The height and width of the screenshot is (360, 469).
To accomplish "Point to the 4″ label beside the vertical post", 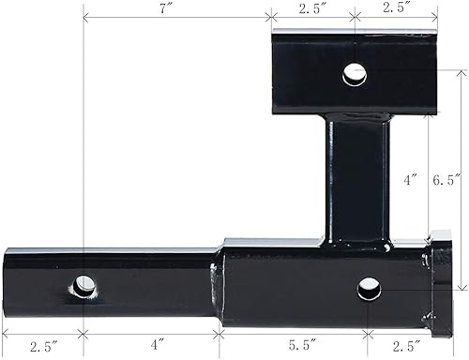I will click(401, 176).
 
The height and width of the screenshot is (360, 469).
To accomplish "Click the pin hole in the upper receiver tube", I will click(354, 72).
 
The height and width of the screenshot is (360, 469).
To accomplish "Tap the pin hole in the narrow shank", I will click(86, 284).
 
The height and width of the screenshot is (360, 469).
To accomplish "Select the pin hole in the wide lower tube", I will click(369, 286).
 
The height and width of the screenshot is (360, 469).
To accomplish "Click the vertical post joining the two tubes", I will click(356, 178).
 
